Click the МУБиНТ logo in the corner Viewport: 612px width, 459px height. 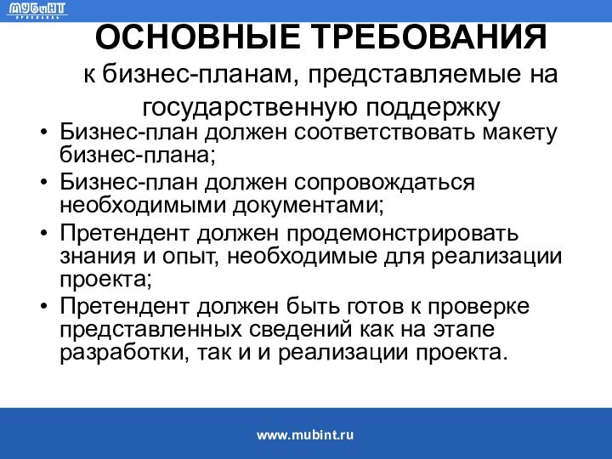[37, 11]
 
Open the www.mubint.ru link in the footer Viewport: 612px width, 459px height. [305, 434]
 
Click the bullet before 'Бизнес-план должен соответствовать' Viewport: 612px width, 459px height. [43, 134]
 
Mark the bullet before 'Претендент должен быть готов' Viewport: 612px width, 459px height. [43, 305]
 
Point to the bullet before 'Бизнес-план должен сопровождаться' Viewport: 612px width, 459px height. [43, 184]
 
